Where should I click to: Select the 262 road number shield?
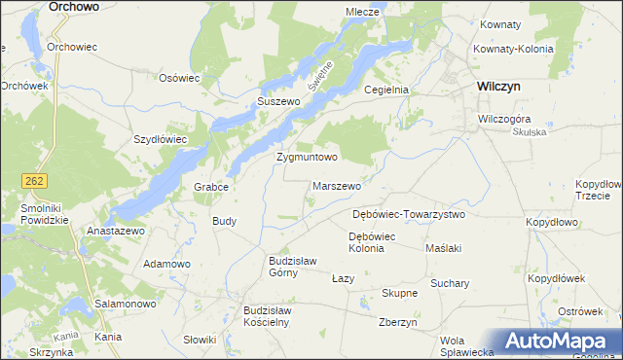click(34, 181)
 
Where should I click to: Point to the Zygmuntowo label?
click(307, 157)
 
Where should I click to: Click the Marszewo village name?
click(337, 186)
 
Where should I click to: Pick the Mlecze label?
click(362, 12)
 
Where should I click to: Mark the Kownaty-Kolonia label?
click(512, 49)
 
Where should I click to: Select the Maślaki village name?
click(443, 248)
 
